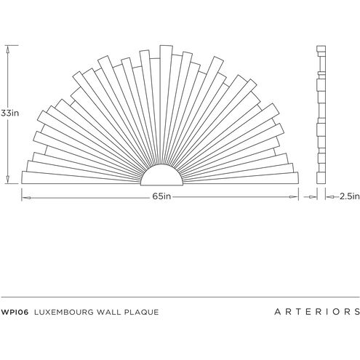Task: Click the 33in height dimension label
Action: pyautogui.click(x=9, y=113)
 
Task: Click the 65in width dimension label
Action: pyautogui.click(x=161, y=196)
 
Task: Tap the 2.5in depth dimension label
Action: pyautogui.click(x=350, y=196)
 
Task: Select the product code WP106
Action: pyautogui.click(x=15, y=312)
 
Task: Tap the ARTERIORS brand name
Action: pyautogui.click(x=317, y=312)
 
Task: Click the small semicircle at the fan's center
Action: pyautogui.click(x=161, y=175)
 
